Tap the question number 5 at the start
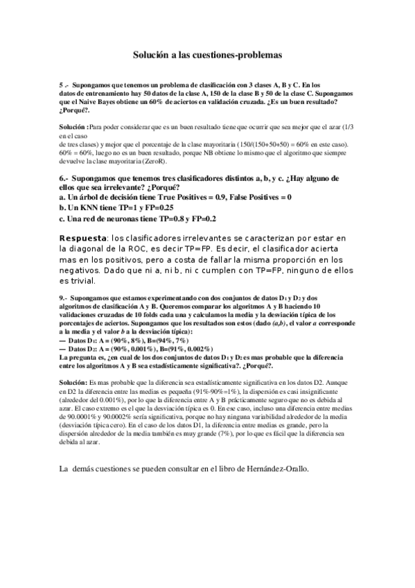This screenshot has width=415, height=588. coord(62,83)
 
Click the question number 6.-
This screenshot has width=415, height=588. coord(64,178)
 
